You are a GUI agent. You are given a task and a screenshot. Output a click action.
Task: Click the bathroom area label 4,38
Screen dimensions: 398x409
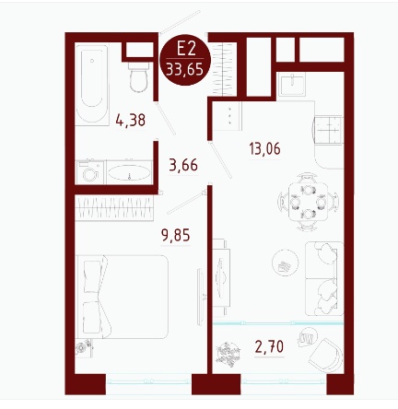(x=131, y=120)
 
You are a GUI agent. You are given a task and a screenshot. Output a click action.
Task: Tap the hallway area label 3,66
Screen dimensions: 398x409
(x=183, y=165)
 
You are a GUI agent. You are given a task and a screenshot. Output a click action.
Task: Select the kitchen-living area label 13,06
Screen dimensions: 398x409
(x=265, y=149)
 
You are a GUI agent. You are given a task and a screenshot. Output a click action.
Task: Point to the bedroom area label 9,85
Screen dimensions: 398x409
(x=176, y=235)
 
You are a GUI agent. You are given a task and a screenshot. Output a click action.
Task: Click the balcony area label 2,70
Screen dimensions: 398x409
(x=269, y=347)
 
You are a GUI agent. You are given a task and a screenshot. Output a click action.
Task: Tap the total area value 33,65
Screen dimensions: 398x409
(x=185, y=70)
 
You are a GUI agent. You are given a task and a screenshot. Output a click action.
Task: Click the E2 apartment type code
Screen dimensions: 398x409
(x=186, y=49)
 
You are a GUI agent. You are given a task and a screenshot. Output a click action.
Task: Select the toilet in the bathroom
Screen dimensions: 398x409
(x=138, y=76)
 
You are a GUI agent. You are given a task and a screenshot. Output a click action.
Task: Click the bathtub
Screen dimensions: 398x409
(x=92, y=85)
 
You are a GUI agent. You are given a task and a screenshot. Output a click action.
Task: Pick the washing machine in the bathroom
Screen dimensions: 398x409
(x=90, y=172)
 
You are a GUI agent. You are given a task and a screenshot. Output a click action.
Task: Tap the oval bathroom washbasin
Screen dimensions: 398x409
(x=129, y=172)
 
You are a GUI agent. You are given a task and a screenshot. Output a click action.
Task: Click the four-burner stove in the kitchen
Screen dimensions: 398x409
(x=328, y=130)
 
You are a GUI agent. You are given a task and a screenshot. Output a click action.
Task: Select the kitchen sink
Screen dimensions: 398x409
(x=292, y=85)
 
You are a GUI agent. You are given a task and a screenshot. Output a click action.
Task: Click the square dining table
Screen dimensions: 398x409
(x=308, y=202)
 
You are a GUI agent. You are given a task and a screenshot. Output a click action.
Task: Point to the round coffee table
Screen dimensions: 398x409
(x=286, y=263)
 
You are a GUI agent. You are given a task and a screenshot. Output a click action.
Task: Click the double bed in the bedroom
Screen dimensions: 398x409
(x=123, y=297)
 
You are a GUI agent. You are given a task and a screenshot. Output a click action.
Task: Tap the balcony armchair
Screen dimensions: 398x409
(x=325, y=355)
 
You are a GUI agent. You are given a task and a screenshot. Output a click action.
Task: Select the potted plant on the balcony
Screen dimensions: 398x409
(x=228, y=354)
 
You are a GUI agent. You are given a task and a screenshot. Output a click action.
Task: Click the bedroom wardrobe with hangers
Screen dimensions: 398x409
(x=114, y=207)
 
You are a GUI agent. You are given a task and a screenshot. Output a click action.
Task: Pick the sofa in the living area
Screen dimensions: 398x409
(x=324, y=278)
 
